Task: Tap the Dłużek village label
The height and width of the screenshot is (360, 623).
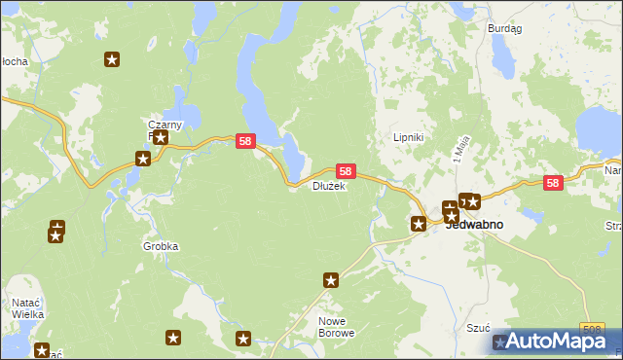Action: coord(328,186)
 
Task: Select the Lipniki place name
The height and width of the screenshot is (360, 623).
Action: coord(407,137)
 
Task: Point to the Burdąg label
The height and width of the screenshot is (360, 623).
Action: coord(504,29)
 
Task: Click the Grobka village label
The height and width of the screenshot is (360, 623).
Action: coord(161,246)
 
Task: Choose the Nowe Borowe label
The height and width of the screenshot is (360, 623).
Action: coord(336,326)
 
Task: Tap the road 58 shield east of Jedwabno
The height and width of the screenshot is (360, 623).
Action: coord(553,182)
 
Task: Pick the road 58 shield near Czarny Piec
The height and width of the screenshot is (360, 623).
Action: coord(245,141)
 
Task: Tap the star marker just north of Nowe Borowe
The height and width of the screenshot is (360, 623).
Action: coord(331,280)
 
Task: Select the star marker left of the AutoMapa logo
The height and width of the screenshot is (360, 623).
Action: coord(501,342)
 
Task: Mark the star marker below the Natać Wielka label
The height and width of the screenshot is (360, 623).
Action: coord(41,350)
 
